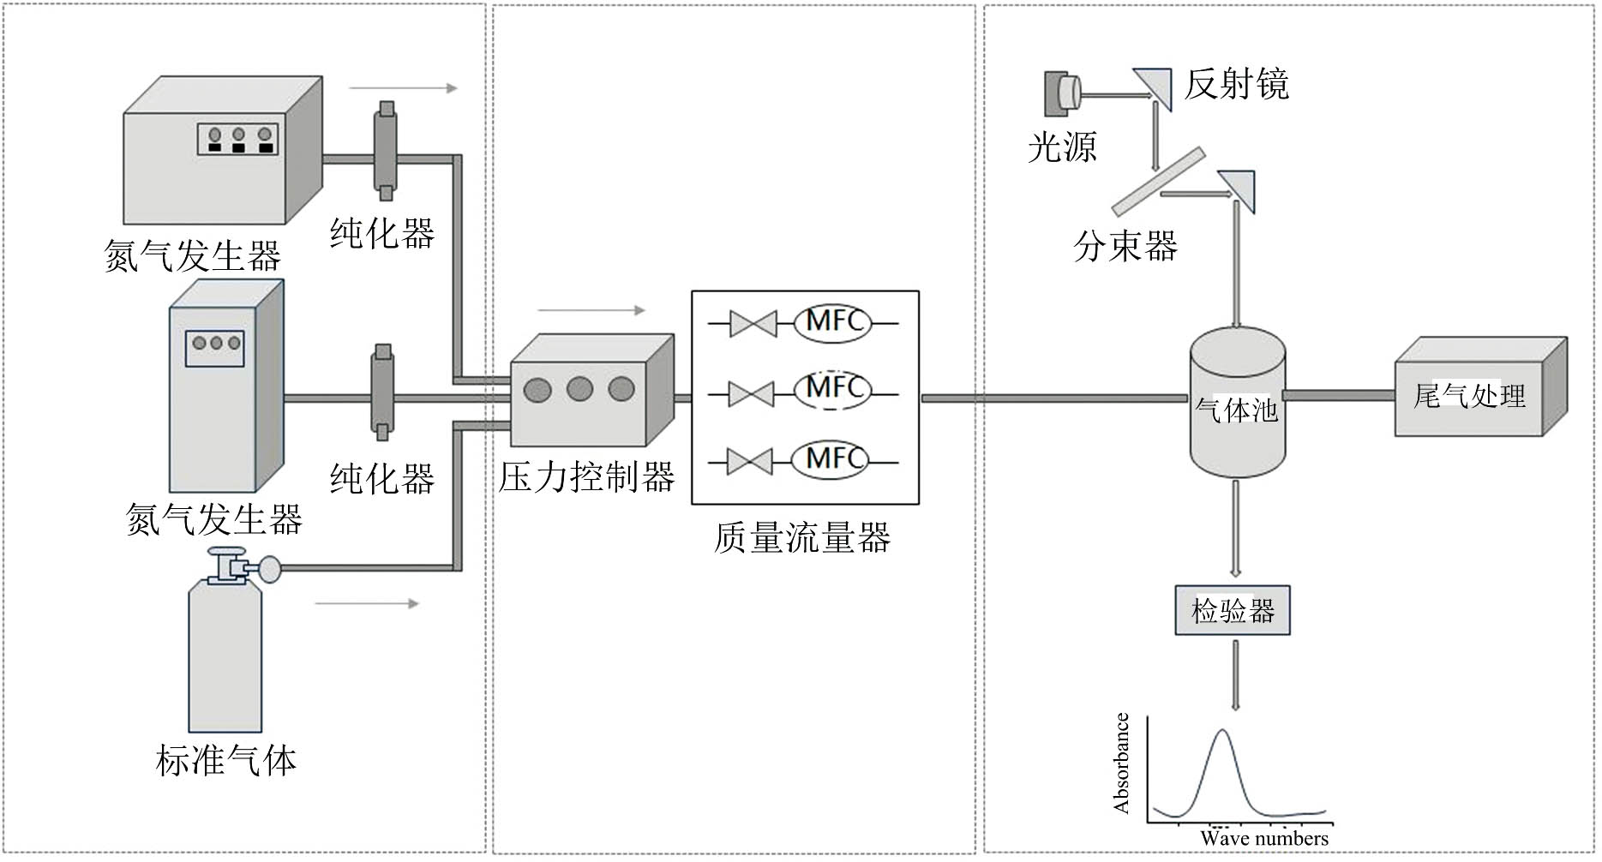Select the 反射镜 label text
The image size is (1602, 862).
(x=1236, y=85)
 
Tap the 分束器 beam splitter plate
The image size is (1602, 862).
(x=1158, y=182)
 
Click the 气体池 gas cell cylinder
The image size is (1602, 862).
(x=1237, y=403)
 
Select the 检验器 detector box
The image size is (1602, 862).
(x=1232, y=611)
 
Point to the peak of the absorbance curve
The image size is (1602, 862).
(x=1222, y=731)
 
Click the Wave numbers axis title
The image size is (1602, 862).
(x=1263, y=839)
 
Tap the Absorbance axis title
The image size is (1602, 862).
(x=1121, y=763)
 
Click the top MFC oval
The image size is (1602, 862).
(x=832, y=323)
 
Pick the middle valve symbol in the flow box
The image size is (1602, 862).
(x=752, y=393)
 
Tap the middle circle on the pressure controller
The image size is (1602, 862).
(x=579, y=390)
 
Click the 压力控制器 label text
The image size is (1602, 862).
(x=586, y=477)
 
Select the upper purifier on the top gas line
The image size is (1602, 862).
(x=386, y=150)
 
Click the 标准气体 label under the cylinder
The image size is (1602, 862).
(x=226, y=761)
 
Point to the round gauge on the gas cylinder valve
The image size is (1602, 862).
(x=270, y=568)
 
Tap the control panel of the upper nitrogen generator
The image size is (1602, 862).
(x=238, y=139)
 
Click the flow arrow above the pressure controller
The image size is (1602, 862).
(x=591, y=310)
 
